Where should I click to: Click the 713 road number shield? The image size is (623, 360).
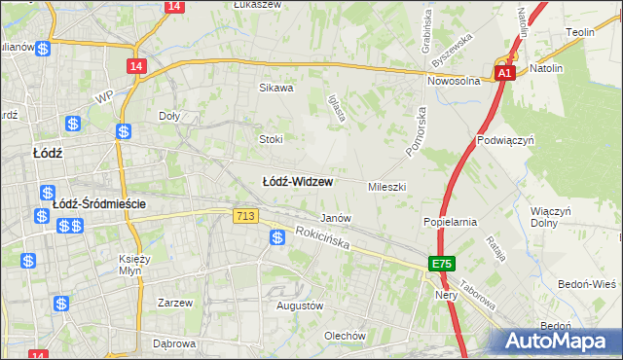(245, 214)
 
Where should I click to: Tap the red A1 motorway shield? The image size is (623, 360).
(504, 73)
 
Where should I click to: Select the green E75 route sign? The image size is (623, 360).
(442, 264)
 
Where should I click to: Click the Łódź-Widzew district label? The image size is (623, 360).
(299, 182)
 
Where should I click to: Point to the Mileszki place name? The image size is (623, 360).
(386, 186)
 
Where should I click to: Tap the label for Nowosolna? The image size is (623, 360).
(456, 81)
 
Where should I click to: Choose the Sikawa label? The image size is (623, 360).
(275, 88)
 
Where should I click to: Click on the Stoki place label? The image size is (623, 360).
(271, 139)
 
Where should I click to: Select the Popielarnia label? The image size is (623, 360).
(449, 222)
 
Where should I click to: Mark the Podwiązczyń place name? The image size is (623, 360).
(507, 140)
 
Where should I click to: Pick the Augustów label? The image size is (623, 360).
(299, 306)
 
